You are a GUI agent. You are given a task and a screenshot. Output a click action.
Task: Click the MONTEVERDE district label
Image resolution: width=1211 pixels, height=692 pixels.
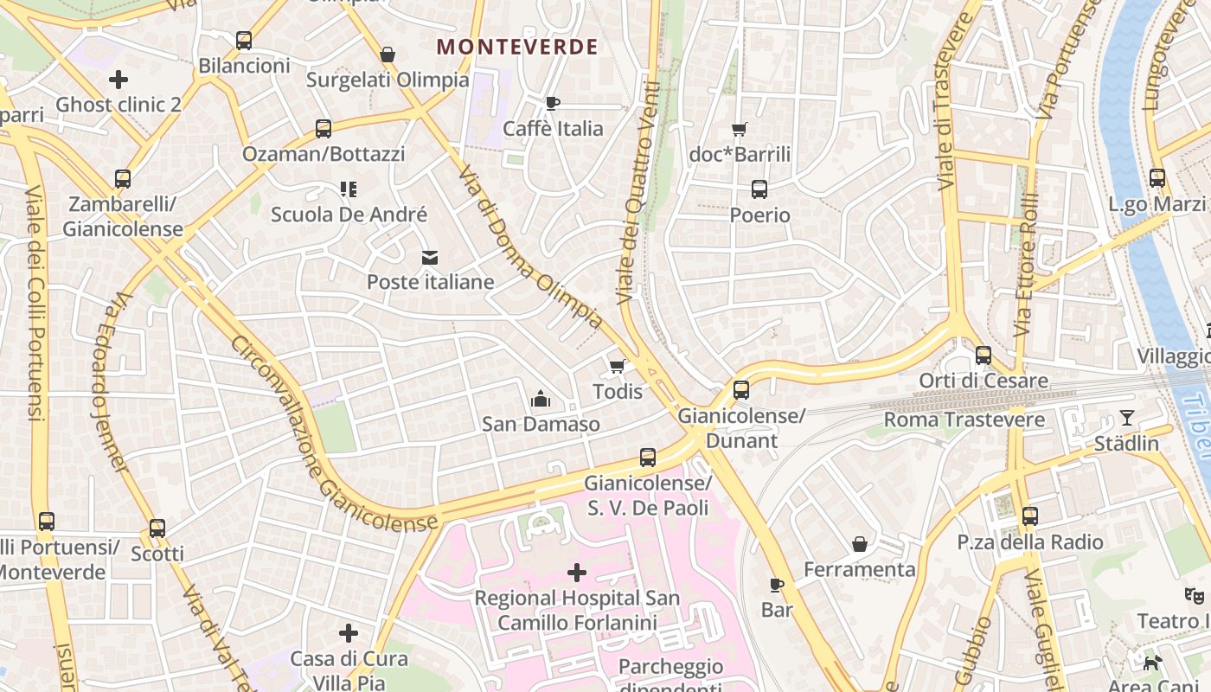[x=517, y=47]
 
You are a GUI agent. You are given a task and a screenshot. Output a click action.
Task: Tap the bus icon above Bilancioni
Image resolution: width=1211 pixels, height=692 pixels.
[x=244, y=40]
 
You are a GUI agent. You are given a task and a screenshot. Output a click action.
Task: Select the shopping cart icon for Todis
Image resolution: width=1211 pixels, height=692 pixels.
[x=617, y=367]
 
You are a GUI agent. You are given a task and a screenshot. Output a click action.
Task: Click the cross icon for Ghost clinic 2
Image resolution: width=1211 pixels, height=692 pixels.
[x=119, y=80]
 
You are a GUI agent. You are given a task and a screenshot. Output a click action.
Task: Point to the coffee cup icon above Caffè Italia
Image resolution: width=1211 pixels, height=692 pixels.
[x=553, y=104]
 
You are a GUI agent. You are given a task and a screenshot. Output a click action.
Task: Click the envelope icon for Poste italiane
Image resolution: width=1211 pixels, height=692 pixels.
[x=430, y=257]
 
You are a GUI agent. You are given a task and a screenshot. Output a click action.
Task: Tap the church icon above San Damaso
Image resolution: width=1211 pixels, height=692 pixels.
[x=541, y=399]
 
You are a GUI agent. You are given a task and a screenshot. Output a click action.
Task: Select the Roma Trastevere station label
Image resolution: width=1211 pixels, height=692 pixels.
[x=964, y=420]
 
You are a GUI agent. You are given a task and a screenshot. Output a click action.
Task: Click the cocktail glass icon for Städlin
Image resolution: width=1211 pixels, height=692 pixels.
[x=1126, y=419]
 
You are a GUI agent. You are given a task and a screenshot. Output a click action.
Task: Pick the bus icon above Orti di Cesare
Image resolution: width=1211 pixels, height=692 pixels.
[x=984, y=356]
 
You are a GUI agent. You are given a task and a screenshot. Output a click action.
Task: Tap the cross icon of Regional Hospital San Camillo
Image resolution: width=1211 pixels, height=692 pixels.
[x=577, y=573]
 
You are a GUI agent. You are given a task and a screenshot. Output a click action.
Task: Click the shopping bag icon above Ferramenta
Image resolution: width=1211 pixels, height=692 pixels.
[x=860, y=544]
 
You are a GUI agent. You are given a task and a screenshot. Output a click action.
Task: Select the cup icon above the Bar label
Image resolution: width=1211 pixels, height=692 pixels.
[x=777, y=586]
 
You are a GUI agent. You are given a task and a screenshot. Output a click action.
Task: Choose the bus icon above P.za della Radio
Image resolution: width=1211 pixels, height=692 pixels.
[x=1029, y=517]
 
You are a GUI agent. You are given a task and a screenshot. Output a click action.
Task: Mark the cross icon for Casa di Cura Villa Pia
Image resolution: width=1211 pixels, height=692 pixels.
[x=349, y=634]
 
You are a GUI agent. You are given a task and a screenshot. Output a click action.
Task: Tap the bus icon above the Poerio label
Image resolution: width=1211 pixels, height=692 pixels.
[x=759, y=189]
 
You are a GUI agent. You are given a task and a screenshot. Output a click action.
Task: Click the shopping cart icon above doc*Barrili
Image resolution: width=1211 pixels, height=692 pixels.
[x=740, y=130]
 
